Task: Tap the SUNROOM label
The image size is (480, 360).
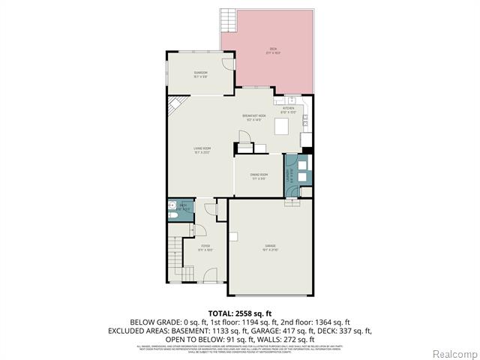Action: point(200,73)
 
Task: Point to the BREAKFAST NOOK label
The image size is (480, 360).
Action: point(254,116)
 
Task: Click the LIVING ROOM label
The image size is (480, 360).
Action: point(200,149)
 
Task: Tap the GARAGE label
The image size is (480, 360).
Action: point(270,245)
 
